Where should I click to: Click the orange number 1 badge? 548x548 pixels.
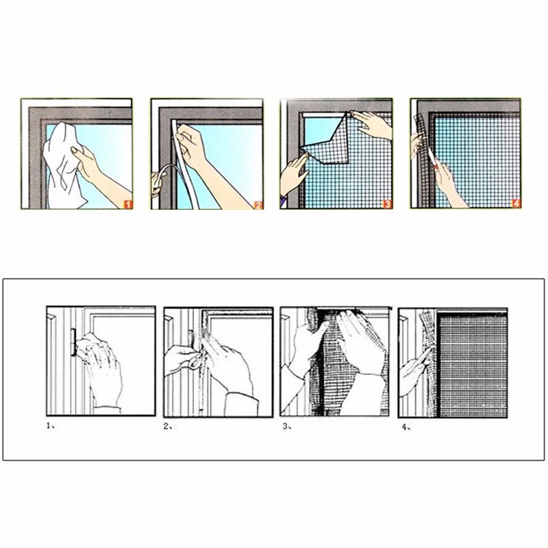coord(128,204)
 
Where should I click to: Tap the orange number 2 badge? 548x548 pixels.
coord(258,205)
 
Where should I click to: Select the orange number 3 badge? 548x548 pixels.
coord(387,203)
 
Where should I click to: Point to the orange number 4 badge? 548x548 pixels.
coord(516,203)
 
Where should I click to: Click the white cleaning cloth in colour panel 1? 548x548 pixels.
coord(63,164)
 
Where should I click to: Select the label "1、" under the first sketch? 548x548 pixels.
coord(51,425)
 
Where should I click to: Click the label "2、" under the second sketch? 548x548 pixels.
coord(168,426)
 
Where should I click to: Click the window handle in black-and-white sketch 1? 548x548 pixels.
coord(74,342)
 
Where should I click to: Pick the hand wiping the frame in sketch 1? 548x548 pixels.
coord(99,367)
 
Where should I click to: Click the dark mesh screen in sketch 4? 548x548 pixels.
coord(473,364)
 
